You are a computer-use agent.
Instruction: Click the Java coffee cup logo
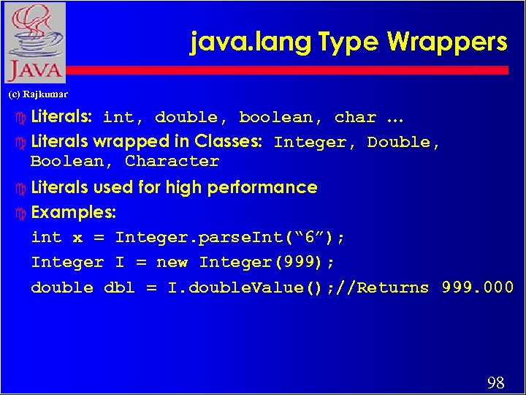[34, 42]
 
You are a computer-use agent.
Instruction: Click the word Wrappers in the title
[447, 42]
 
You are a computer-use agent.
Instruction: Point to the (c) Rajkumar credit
[37, 94]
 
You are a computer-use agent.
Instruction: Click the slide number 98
[495, 383]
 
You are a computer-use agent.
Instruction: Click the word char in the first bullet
[355, 118]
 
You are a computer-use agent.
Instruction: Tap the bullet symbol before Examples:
[20, 214]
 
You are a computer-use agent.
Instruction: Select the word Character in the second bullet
[172, 162]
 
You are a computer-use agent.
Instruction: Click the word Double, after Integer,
[403, 143]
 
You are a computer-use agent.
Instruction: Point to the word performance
[262, 187]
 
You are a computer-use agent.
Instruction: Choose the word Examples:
[74, 213]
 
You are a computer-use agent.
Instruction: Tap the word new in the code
[172, 263]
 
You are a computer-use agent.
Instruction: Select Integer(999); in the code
[267, 263]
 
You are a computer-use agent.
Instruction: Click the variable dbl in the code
[120, 287]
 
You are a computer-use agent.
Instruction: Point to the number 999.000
[477, 287]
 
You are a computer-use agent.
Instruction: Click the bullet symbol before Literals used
[20, 188]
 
